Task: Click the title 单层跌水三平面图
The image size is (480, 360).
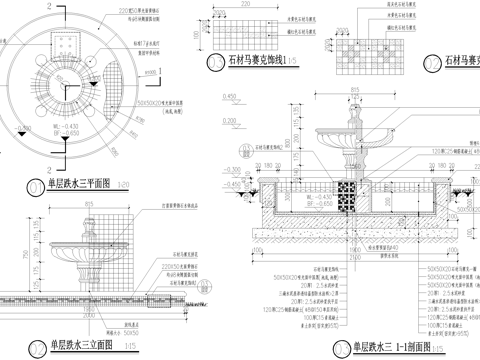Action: [76, 184]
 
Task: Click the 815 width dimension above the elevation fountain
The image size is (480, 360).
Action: [88, 206]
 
